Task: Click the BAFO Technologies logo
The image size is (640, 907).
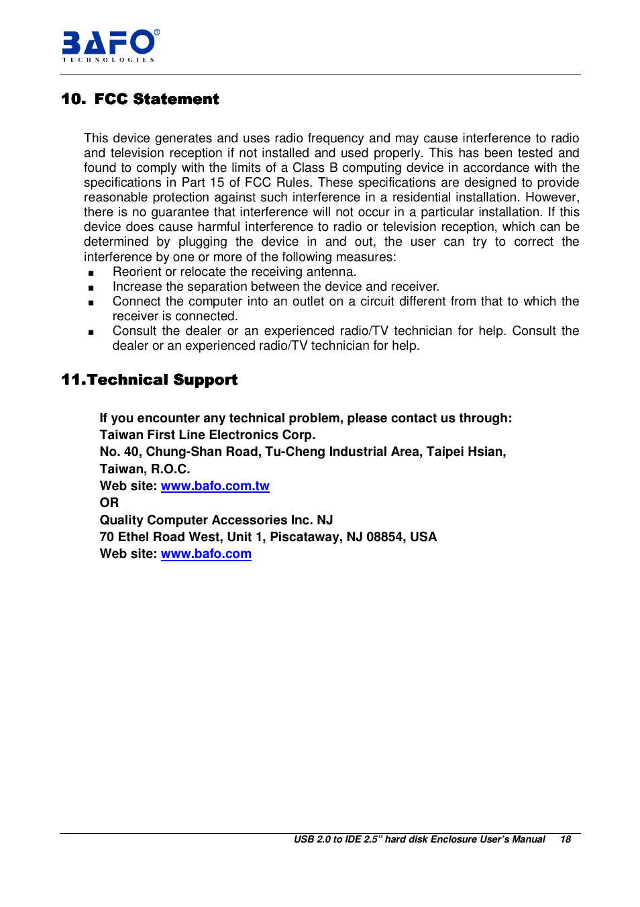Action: pos(109,45)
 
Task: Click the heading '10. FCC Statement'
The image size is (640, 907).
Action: pos(140,99)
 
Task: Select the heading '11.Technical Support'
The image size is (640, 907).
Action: pos(149,380)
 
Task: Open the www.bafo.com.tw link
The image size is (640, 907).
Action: pos(215,486)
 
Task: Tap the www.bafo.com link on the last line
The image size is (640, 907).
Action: pos(206,554)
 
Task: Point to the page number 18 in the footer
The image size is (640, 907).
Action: pos(566,840)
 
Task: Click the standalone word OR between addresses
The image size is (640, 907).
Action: pos(109,503)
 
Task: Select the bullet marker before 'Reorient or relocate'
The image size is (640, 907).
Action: pos(91,273)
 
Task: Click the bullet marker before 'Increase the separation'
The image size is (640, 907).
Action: pos(91,288)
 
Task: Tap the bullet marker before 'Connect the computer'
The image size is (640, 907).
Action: pos(91,303)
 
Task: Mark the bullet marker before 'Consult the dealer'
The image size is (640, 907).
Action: pos(91,332)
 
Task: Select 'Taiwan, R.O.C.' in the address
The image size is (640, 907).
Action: pos(145,469)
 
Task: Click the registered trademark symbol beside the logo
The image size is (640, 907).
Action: pos(157,32)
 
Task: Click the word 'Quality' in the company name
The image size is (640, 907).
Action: pos(121,520)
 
